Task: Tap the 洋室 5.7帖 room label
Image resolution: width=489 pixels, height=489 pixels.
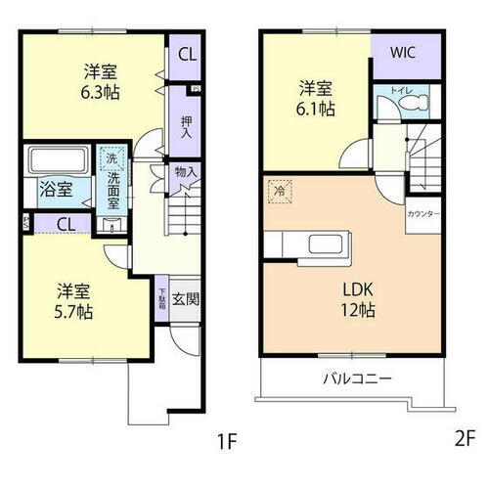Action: click(73, 300)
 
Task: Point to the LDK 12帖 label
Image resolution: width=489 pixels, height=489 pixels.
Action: click(357, 299)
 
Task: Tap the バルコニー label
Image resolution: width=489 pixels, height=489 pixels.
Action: click(358, 378)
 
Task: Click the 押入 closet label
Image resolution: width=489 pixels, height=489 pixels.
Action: click(186, 128)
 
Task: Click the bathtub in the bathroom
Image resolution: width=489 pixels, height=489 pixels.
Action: click(58, 159)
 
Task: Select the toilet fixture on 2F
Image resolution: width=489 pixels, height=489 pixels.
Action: click(409, 103)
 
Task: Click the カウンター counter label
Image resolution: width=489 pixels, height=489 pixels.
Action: click(422, 213)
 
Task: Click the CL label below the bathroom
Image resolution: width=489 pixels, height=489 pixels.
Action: click(66, 224)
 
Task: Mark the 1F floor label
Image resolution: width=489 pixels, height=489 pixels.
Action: click(227, 441)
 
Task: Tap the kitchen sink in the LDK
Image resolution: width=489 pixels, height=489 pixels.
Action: click(320, 244)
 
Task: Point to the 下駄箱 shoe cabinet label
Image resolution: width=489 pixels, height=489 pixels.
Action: click(161, 294)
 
